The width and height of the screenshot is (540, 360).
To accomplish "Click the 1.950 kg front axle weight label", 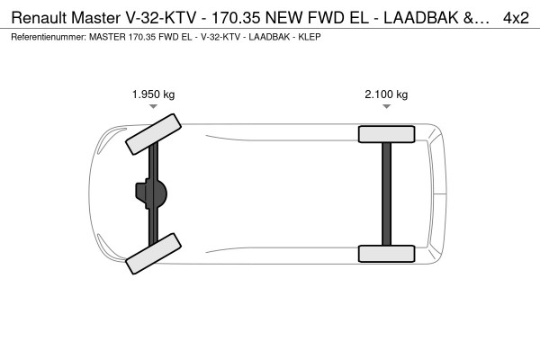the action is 153,94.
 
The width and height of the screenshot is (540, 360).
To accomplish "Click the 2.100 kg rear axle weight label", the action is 386,94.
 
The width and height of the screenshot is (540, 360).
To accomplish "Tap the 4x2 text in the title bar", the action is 516,18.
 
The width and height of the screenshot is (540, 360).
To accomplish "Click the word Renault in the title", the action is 39,18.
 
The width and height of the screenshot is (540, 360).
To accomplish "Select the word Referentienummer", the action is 49,37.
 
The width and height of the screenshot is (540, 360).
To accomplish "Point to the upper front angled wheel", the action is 153,134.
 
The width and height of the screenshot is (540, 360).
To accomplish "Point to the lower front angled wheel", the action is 153,254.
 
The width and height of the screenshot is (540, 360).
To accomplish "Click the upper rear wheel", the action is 386,134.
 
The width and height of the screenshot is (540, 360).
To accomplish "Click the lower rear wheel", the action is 386,254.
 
